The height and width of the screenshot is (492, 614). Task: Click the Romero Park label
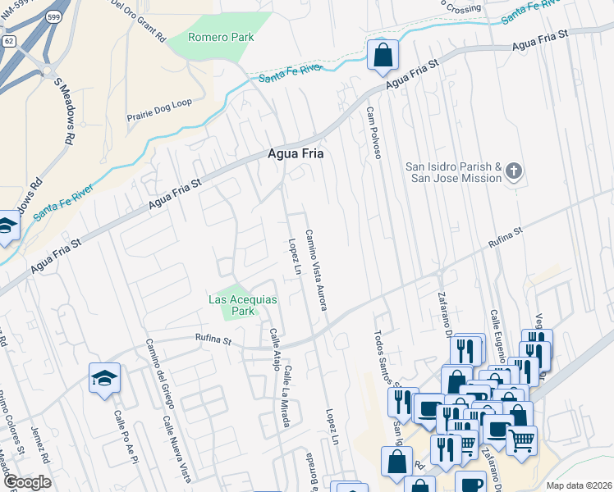click(221, 37)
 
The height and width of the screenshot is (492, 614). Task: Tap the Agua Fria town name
click(296, 153)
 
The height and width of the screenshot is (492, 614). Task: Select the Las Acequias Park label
click(242, 306)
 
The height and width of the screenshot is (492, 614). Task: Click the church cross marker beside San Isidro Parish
click(514, 171)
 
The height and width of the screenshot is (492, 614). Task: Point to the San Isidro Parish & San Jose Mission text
click(453, 172)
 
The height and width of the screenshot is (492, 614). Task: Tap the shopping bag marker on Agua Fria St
click(383, 55)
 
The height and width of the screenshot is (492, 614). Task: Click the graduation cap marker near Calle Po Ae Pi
click(104, 378)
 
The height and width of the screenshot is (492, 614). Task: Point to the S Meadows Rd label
click(65, 107)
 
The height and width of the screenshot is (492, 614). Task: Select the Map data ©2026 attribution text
click(579, 485)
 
